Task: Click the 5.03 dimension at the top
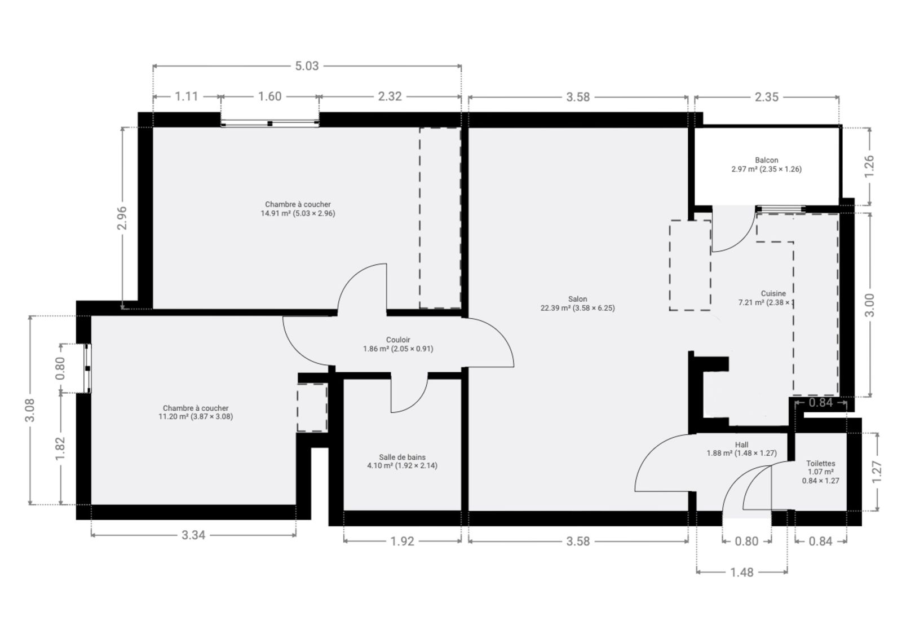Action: tap(307, 65)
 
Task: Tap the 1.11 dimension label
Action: tap(187, 96)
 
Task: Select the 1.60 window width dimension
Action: tap(270, 96)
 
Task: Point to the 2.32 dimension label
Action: tap(390, 96)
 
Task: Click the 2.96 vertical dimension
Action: tap(122, 218)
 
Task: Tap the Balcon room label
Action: tap(767, 160)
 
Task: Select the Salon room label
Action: tap(577, 299)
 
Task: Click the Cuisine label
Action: tap(773, 293)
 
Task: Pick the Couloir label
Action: tap(398, 340)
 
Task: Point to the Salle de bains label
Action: tap(402, 457)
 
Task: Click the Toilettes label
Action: tap(821, 464)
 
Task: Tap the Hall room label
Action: tap(742, 445)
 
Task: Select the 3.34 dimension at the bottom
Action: tap(193, 535)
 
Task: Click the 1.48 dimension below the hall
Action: tap(742, 573)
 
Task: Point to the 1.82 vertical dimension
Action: tap(60, 448)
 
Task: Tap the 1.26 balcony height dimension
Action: tap(869, 165)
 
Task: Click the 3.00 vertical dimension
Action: tap(869, 305)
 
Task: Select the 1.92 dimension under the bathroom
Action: tap(403, 542)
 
